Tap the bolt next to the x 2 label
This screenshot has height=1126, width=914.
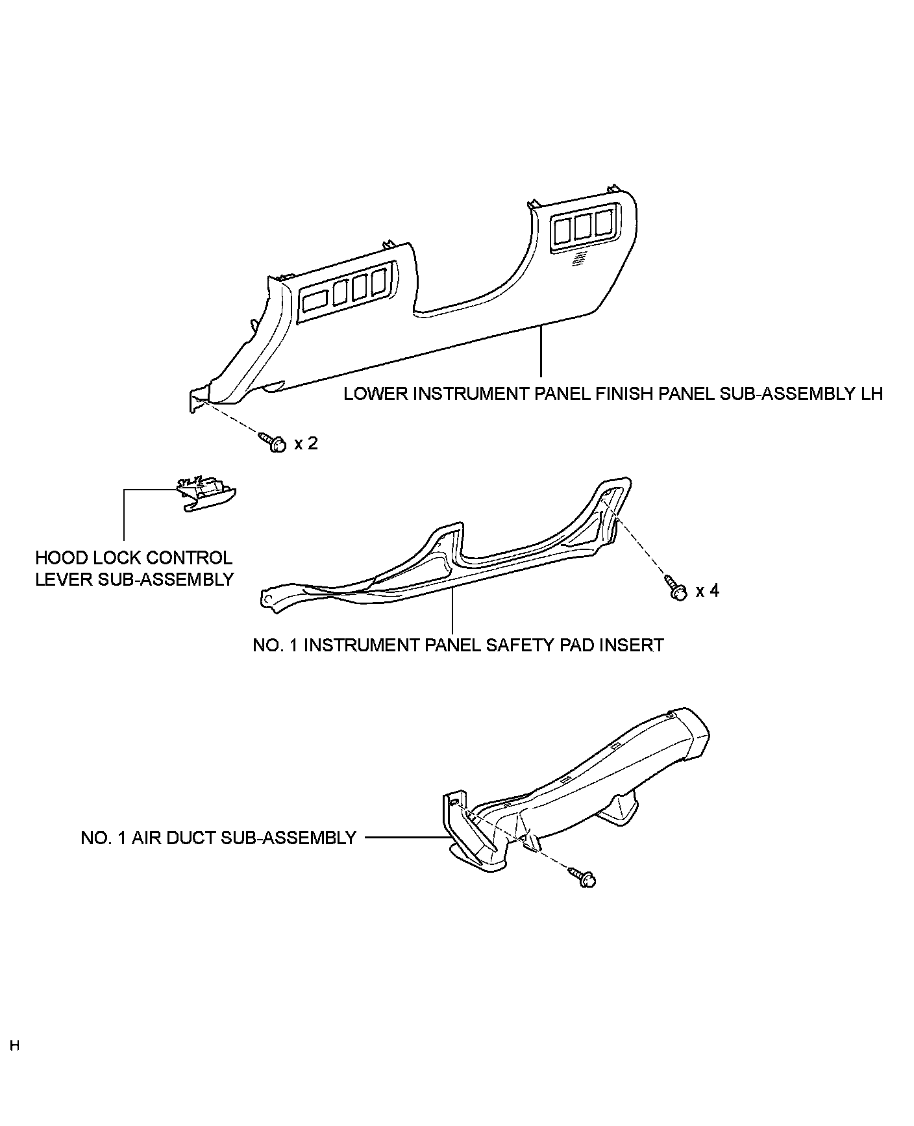tap(273, 442)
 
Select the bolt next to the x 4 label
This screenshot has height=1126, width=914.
tap(675, 588)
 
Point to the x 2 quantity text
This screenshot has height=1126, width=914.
tap(306, 444)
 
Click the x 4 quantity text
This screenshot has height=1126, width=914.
tap(708, 591)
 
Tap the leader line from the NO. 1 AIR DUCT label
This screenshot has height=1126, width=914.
tap(406, 838)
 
